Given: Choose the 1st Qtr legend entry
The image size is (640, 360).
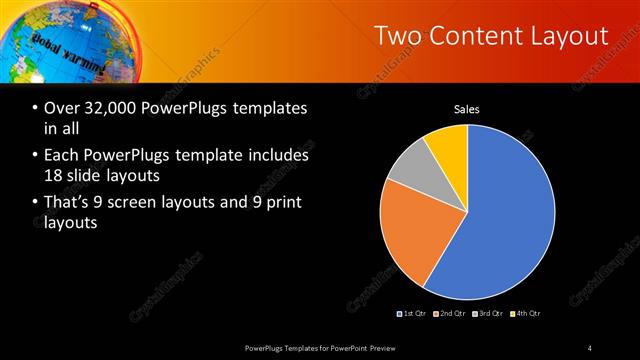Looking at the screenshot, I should click(414, 314).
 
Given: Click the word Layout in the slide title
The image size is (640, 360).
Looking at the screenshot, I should click(566, 37).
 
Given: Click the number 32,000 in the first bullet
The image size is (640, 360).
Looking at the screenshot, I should click(105, 108).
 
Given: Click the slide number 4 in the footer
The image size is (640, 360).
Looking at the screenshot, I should click(590, 347).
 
